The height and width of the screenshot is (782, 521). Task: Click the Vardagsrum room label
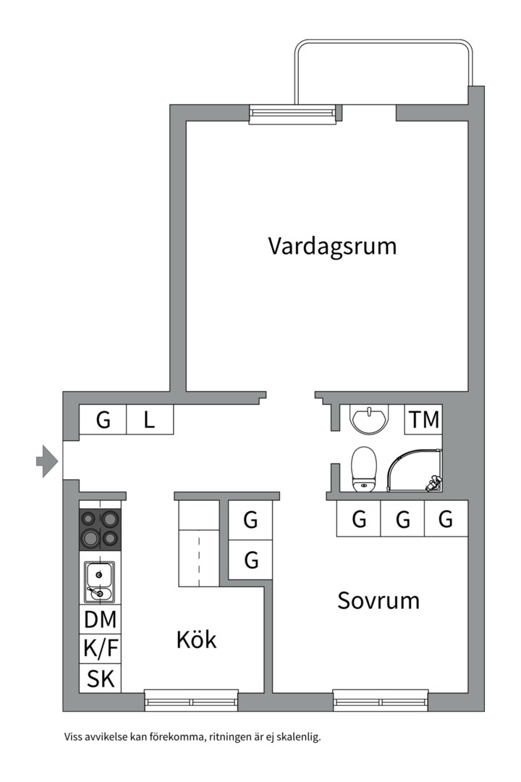pyautogui.click(x=332, y=246)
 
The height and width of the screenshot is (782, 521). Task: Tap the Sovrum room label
pyautogui.click(x=378, y=600)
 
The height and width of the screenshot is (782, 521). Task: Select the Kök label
pyautogui.click(x=196, y=639)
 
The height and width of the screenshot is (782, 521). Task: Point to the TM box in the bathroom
pyautogui.click(x=423, y=420)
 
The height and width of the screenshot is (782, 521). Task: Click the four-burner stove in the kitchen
pyautogui.click(x=100, y=529)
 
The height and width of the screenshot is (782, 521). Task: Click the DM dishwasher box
pyautogui.click(x=100, y=620)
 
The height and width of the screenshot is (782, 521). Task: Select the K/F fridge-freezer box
pyautogui.click(x=100, y=649)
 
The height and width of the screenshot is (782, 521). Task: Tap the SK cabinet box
pyautogui.click(x=100, y=678)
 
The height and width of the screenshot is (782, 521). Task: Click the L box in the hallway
pyautogui.click(x=149, y=420)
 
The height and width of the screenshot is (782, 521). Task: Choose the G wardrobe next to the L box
pyautogui.click(x=103, y=420)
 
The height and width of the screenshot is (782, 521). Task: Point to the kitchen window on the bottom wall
pyautogui.click(x=191, y=700)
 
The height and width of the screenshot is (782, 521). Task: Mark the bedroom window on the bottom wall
pyautogui.click(x=381, y=700)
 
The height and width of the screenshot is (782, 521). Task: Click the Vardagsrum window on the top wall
pyautogui.click(x=292, y=114)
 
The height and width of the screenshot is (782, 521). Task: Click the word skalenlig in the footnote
pyautogui.click(x=298, y=738)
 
